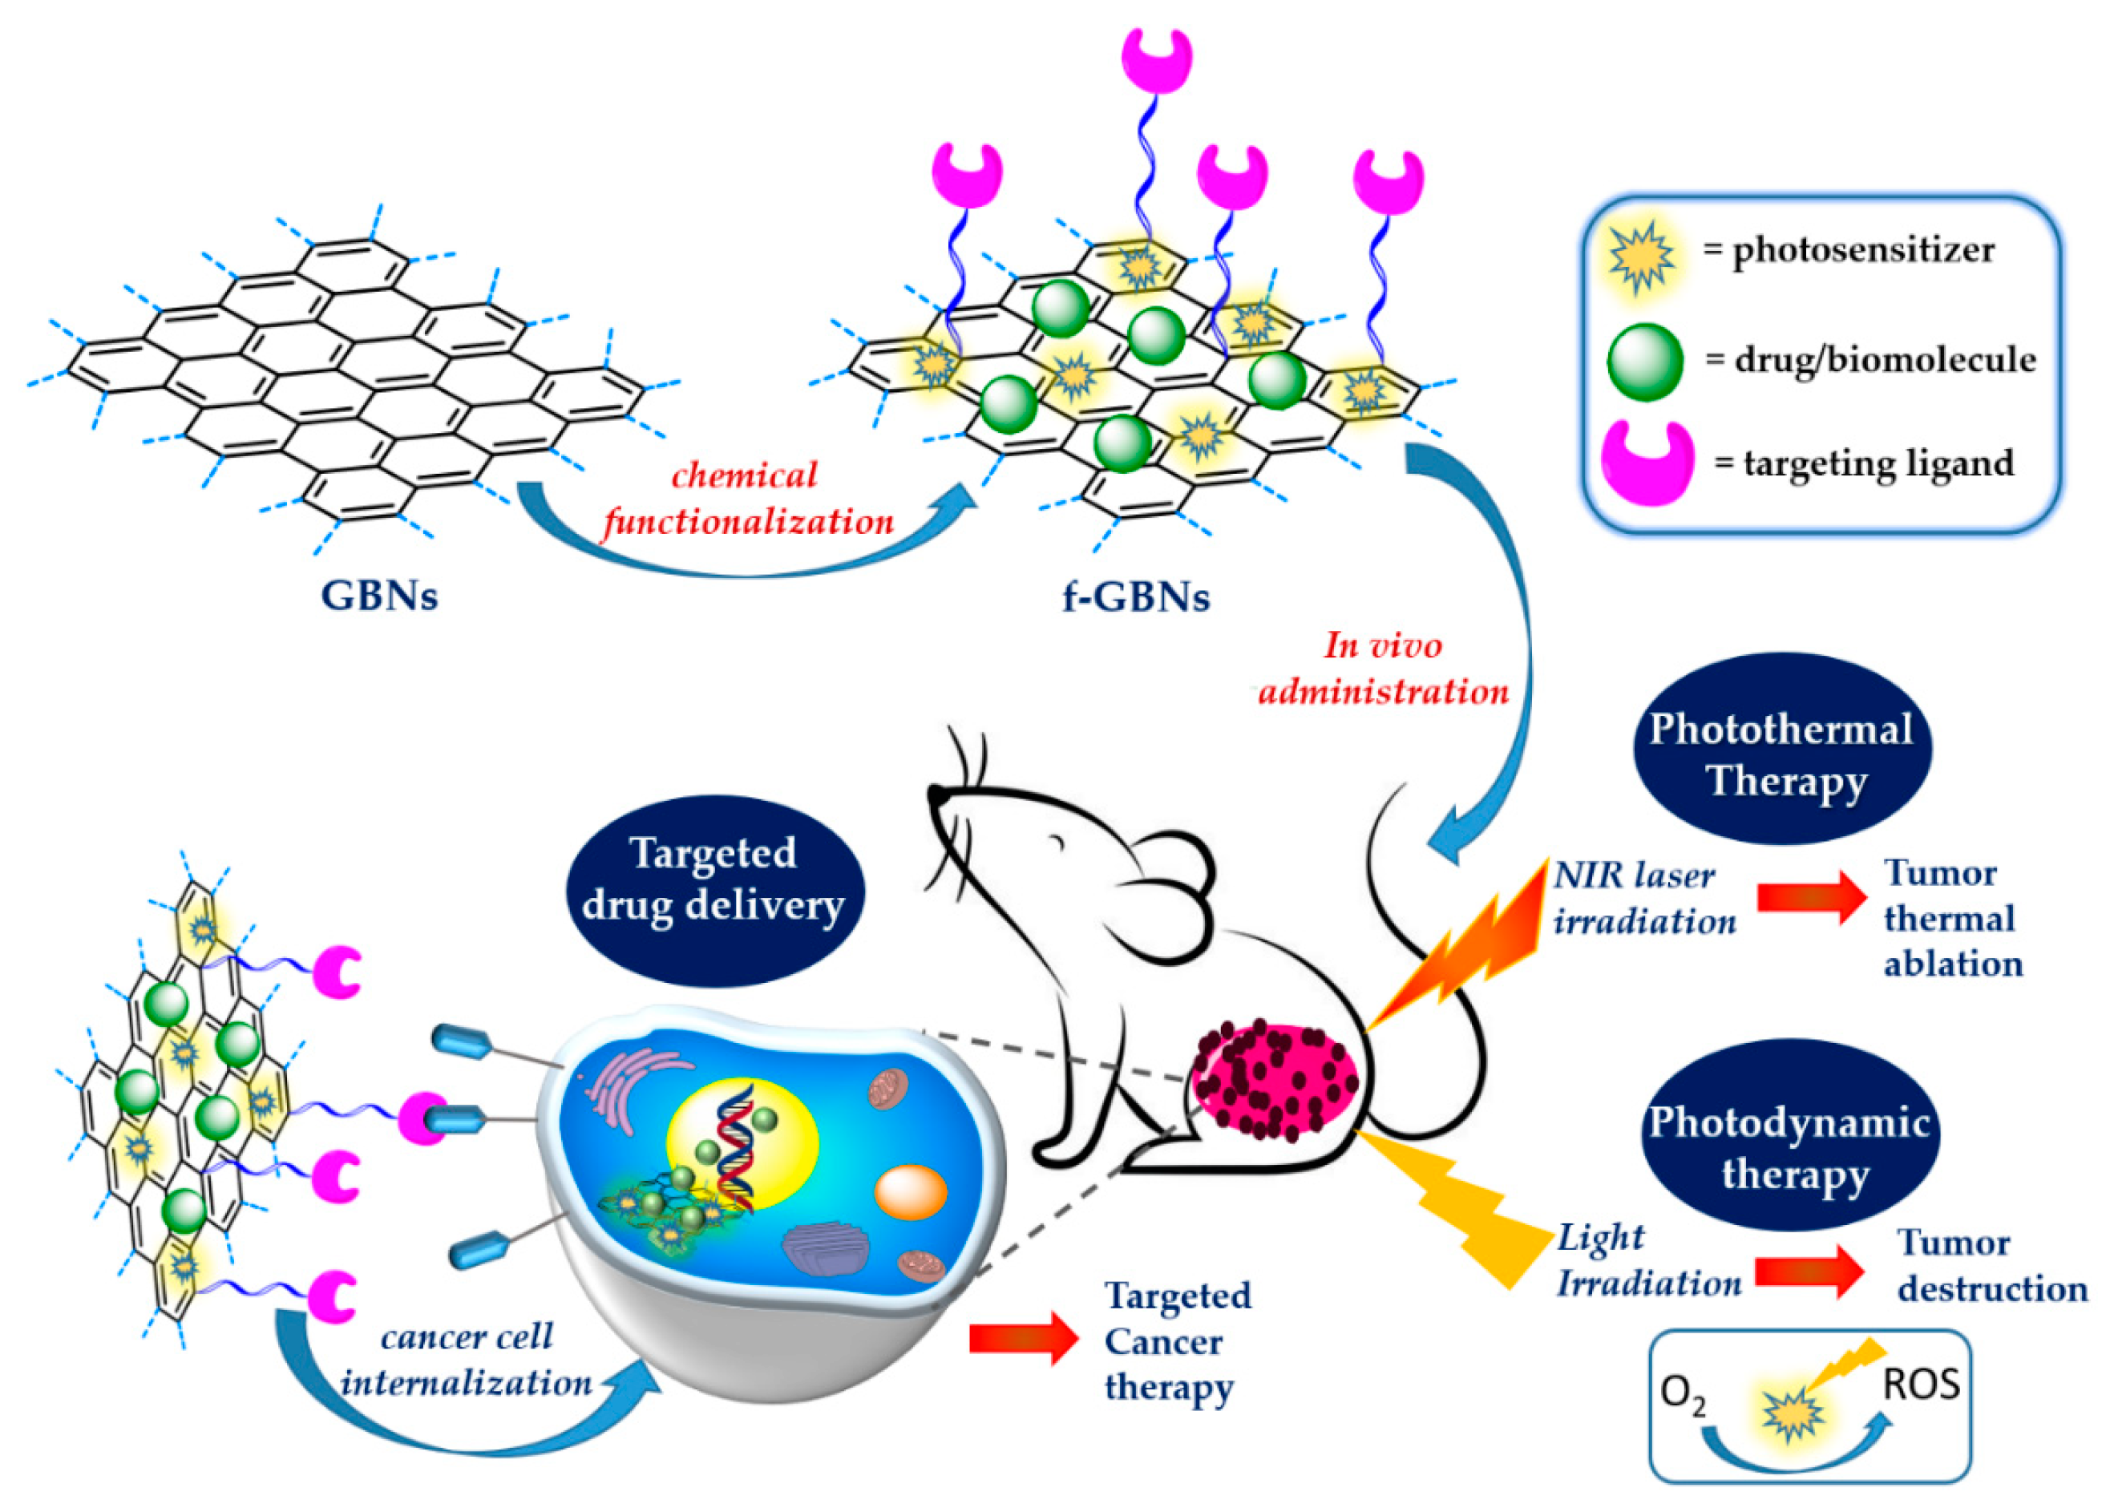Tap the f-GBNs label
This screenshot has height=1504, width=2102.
tap(1135, 597)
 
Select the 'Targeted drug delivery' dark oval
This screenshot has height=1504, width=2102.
tap(713, 879)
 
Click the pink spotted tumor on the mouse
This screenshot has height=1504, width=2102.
tap(1273, 1082)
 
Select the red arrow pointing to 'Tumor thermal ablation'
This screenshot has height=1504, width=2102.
tap(1809, 897)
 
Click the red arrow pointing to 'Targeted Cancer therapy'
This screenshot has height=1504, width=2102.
tap(1022, 1339)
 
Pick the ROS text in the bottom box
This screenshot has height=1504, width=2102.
tap(1922, 1385)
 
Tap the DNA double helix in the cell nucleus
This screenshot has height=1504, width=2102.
tap(737, 1148)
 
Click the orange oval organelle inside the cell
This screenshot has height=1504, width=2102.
tap(910, 1192)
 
